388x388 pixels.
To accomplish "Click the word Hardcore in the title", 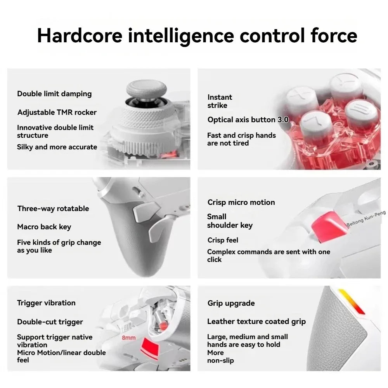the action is click(80, 35).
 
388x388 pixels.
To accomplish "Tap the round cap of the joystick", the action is click(147, 88).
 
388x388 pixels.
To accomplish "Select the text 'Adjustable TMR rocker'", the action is click(57, 113).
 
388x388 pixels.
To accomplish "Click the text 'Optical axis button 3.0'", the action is click(248, 120).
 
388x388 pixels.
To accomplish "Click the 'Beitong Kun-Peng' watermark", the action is click(366, 218).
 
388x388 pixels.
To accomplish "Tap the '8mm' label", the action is click(129, 338).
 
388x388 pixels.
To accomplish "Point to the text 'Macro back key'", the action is click(44, 227).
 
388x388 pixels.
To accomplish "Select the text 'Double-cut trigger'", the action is click(50, 322).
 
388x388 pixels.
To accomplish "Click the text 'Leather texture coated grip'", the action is click(256, 321).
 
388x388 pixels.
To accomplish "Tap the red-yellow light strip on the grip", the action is click(352, 301).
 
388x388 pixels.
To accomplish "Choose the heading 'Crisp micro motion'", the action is click(241, 203).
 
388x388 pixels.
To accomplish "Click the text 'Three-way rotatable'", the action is click(53, 209).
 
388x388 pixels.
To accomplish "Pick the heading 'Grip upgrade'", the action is click(231, 303).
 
